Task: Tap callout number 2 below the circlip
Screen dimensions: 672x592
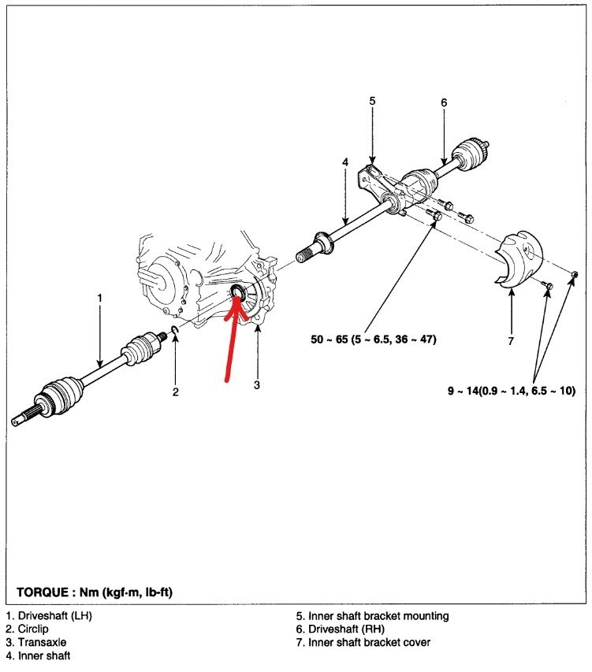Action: point(176,392)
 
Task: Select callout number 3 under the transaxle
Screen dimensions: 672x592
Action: point(256,385)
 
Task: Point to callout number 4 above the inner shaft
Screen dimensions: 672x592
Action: point(344,162)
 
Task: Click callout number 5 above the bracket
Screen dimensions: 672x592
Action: point(372,100)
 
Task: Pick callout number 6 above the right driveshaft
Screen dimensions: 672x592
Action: point(444,102)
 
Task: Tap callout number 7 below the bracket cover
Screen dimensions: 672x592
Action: point(511,341)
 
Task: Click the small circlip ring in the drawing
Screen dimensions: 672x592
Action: point(174,340)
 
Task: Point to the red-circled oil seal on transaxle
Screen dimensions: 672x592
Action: point(236,295)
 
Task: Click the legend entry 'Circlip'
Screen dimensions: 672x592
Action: point(32,629)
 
